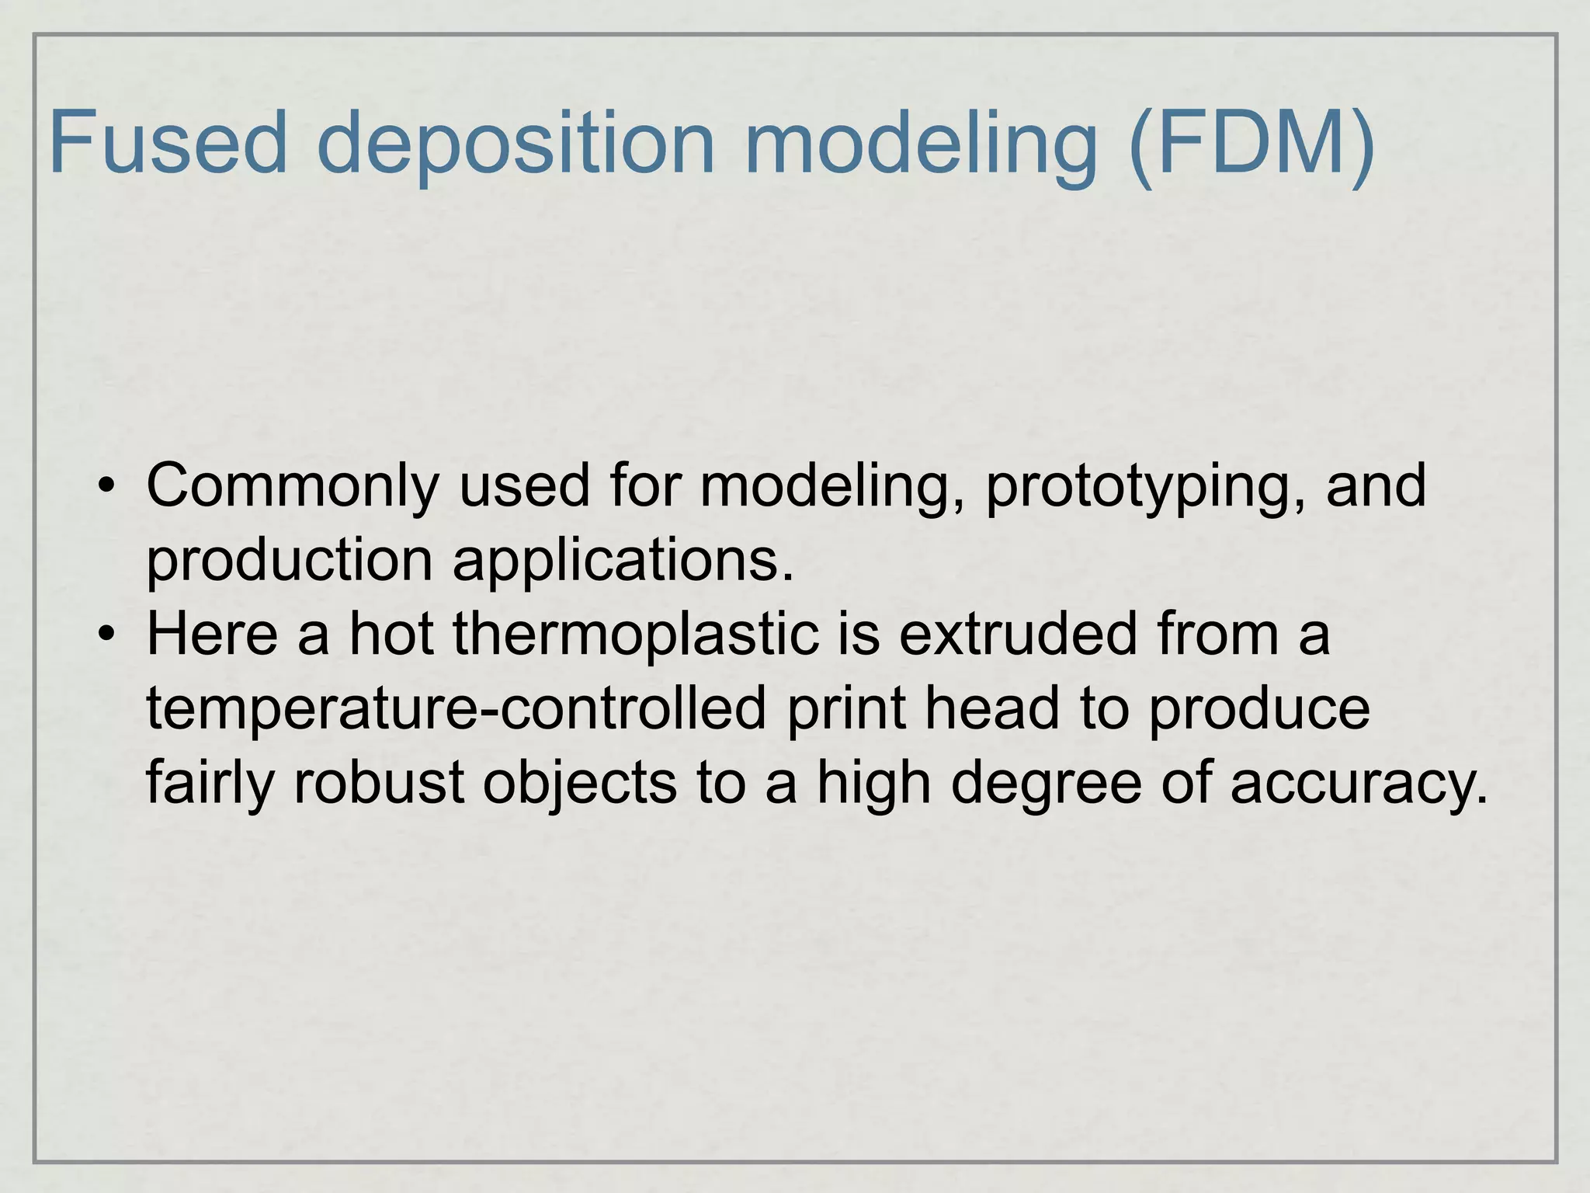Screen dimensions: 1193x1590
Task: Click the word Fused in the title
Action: (x=168, y=142)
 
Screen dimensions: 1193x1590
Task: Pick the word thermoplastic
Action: (x=636, y=634)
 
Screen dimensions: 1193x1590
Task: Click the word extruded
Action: (x=1018, y=634)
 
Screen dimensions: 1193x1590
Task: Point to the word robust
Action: (x=379, y=781)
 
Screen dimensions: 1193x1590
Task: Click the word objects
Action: (x=579, y=783)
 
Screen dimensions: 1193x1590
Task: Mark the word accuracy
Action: (x=1359, y=783)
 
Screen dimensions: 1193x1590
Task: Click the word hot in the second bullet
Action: (x=391, y=634)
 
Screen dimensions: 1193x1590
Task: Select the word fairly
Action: (x=210, y=783)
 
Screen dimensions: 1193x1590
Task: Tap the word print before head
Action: (x=846, y=708)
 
